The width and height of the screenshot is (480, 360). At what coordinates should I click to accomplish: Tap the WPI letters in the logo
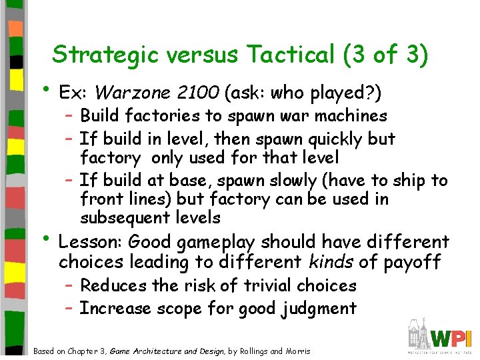(452, 336)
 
